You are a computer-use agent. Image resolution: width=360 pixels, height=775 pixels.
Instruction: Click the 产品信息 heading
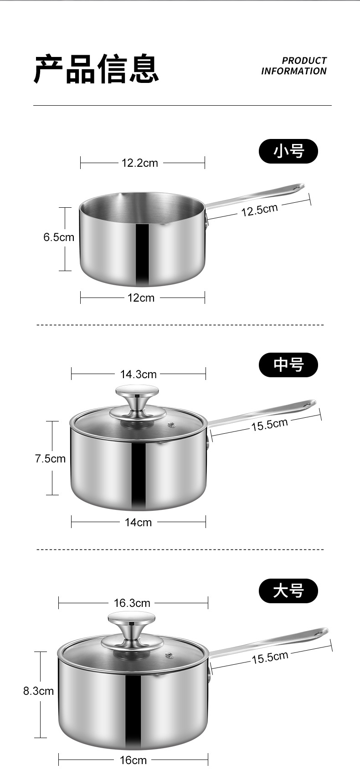pyautogui.click(x=96, y=69)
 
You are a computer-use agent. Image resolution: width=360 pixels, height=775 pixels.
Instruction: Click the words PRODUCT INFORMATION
pyautogui.click(x=294, y=66)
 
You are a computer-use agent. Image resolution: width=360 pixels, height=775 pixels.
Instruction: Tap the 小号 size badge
pyautogui.click(x=288, y=151)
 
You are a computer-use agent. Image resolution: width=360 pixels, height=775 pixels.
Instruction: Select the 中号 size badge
pyautogui.click(x=288, y=365)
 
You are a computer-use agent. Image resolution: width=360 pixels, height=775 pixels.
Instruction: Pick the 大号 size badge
pyautogui.click(x=288, y=591)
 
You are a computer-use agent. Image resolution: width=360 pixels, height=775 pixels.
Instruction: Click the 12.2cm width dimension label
pyautogui.click(x=139, y=163)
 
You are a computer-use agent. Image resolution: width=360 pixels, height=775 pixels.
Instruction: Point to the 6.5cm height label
pyautogui.click(x=59, y=237)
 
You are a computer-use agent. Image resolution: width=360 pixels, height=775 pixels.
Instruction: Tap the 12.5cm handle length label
pyautogui.click(x=259, y=210)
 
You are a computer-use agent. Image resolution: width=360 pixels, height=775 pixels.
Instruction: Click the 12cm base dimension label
pyautogui.click(x=141, y=298)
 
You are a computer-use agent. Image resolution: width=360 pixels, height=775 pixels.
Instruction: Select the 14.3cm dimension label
pyautogui.click(x=138, y=374)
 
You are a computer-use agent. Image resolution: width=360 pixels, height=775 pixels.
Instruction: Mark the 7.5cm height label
pyautogui.click(x=50, y=458)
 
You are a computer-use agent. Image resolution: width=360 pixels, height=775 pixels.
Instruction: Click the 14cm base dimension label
pyautogui.click(x=138, y=522)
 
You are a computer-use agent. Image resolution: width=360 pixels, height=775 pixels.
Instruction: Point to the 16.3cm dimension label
pyautogui.click(x=132, y=603)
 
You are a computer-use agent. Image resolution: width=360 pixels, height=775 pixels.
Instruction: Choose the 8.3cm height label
pyautogui.click(x=39, y=691)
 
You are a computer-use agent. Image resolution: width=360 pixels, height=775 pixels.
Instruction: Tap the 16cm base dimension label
pyautogui.click(x=133, y=760)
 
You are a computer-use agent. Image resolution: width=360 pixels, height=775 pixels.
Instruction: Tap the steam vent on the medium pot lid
pyautogui.click(x=172, y=426)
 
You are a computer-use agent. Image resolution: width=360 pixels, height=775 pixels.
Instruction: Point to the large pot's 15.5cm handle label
pyautogui.click(x=270, y=657)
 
